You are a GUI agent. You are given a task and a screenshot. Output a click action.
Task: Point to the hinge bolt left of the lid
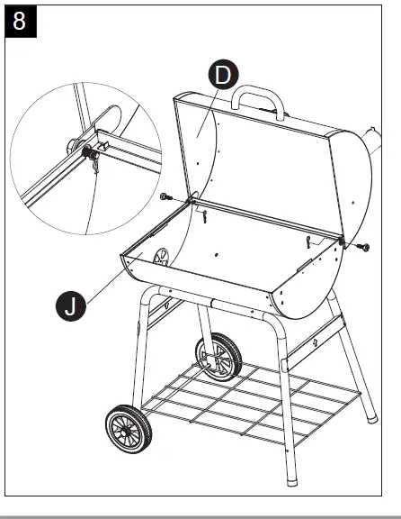coord(165,196)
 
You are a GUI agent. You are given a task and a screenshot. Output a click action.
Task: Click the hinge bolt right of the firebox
coord(364,245)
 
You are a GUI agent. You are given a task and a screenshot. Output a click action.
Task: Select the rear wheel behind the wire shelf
coord(219,356)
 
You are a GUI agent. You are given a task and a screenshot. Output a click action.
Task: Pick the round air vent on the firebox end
coord(161,259)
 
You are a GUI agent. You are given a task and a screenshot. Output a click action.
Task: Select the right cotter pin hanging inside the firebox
coord(309,241)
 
